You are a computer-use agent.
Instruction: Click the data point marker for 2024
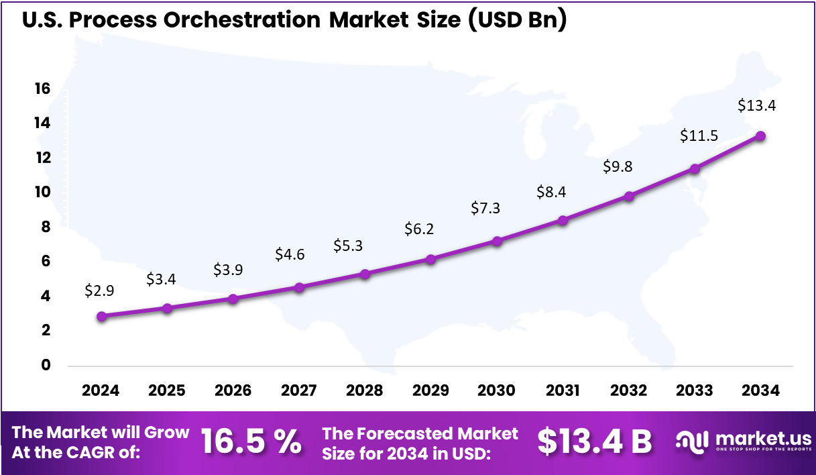[x=101, y=316]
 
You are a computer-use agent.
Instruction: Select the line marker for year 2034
[x=761, y=136]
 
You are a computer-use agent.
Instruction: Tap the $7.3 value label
[x=486, y=208]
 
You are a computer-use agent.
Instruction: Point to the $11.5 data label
[x=699, y=136]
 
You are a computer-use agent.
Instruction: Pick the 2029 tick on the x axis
[x=430, y=390]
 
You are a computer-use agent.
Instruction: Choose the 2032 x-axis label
[x=629, y=390]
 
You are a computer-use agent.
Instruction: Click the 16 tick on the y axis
[x=42, y=89]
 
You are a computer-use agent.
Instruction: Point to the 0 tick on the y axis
[x=46, y=365]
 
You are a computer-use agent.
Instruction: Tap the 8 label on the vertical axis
[x=46, y=227]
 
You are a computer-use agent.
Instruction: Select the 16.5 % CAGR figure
[x=251, y=441]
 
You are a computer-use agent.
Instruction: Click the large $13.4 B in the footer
[x=594, y=441]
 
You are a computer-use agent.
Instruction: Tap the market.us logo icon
[x=693, y=441]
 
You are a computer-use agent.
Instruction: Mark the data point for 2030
[x=497, y=241]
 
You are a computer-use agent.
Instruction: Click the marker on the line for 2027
[x=299, y=287]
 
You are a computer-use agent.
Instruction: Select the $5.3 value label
[x=348, y=246]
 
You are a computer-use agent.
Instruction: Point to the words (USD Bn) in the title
[x=517, y=20]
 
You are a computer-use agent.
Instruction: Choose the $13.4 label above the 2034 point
[x=757, y=105]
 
